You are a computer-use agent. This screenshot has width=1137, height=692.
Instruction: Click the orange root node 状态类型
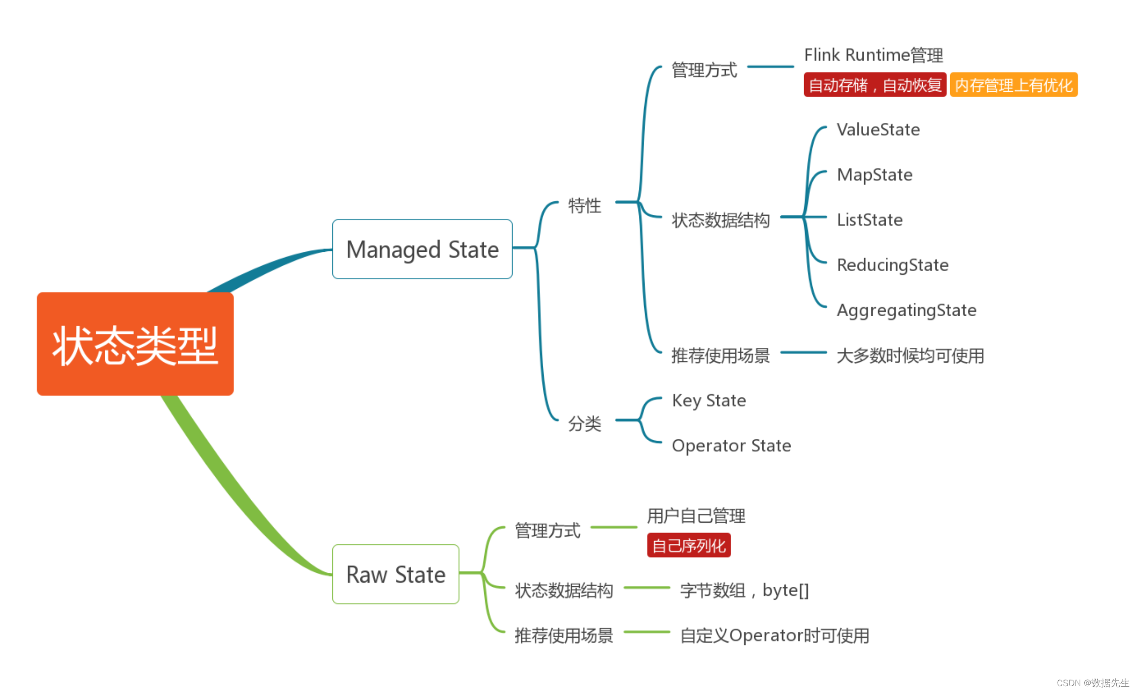coord(135,344)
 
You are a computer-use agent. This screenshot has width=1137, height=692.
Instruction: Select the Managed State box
coord(422,249)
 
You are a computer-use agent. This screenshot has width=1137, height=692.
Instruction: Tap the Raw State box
coord(396,574)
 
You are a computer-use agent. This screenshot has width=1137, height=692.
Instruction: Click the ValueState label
coord(878,130)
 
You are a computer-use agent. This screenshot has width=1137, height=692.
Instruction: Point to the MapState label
coord(874,175)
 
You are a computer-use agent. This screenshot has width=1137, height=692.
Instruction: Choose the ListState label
coord(869,220)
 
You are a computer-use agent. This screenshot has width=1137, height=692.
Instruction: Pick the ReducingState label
coord(892,265)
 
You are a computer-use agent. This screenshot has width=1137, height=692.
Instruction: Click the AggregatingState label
coord(906,310)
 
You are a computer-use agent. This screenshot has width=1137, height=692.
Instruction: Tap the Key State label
coord(709,401)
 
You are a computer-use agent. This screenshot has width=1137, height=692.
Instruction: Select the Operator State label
coord(731,446)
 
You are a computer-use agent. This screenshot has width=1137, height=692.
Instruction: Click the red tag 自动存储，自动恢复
coord(875,85)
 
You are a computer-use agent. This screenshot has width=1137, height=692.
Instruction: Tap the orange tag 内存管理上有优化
coord(1014,85)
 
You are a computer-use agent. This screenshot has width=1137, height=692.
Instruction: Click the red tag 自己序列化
coord(688,545)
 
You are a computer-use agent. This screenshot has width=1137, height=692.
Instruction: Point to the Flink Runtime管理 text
coord(873,55)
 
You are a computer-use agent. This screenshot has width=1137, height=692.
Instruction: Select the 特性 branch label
coord(584,206)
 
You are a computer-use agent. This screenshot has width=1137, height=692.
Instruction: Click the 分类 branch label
coord(584,424)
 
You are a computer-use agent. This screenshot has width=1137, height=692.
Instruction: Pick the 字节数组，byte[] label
coord(744,590)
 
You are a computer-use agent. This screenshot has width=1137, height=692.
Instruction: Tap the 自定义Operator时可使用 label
coord(774,636)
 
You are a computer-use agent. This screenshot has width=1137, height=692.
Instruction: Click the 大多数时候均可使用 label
coord(910,356)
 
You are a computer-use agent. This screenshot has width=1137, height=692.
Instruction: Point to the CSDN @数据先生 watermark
coord(1092,683)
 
